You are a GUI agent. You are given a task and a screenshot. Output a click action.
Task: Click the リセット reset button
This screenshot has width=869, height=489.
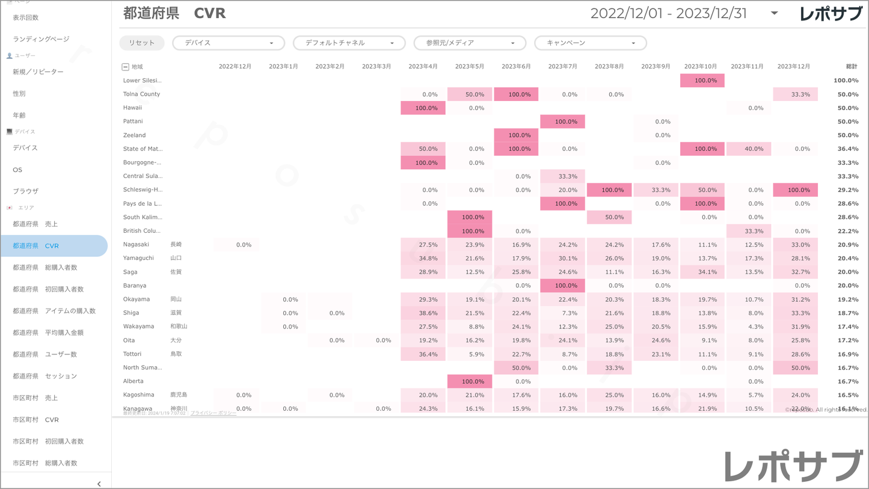pyautogui.click(x=142, y=43)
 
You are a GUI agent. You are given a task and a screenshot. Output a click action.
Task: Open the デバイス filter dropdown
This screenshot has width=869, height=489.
pyautogui.click(x=229, y=43)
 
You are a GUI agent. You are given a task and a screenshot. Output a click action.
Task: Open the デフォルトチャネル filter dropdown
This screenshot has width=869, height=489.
pyautogui.click(x=349, y=43)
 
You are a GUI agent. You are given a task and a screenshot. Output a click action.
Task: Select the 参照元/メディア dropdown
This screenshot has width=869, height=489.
pyautogui.click(x=470, y=43)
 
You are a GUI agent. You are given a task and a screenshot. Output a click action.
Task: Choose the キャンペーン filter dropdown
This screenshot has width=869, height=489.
pyautogui.click(x=591, y=43)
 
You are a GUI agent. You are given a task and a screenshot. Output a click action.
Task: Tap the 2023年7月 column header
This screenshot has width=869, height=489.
pyautogui.click(x=562, y=66)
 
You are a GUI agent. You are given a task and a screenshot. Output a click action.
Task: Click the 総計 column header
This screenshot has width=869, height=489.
pyautogui.click(x=851, y=66)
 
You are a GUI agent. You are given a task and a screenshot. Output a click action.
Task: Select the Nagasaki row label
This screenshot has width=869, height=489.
pyautogui.click(x=137, y=245)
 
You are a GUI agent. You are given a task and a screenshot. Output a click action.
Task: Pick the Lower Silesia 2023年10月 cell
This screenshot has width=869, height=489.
pyautogui.click(x=702, y=81)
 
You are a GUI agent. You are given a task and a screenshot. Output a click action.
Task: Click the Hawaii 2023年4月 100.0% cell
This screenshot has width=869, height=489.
pyautogui.click(x=423, y=108)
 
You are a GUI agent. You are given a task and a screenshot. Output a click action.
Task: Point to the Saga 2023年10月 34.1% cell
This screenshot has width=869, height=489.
pyautogui.click(x=702, y=272)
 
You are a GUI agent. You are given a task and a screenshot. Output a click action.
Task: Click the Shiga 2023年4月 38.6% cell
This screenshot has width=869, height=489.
pyautogui.click(x=423, y=313)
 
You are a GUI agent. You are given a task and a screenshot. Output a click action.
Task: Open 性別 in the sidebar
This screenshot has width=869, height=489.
pyautogui.click(x=19, y=94)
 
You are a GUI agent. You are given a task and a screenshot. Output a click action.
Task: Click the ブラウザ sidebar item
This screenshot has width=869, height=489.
pyautogui.click(x=26, y=191)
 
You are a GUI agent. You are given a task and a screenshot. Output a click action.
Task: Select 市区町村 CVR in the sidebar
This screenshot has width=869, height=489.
pyautogui.click(x=36, y=420)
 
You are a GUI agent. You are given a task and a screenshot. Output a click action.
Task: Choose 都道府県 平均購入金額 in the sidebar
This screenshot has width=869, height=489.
pyautogui.click(x=48, y=333)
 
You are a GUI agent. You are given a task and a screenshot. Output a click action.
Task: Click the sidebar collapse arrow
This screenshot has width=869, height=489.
pyautogui.click(x=99, y=484)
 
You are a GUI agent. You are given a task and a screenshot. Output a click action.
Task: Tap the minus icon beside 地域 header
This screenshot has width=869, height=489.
pyautogui.click(x=125, y=67)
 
